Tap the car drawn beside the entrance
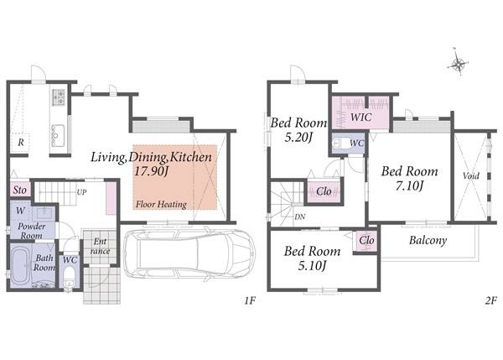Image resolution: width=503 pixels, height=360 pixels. (189, 254)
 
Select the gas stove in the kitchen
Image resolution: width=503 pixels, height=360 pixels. (59, 97)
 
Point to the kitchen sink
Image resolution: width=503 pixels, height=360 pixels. (59, 135)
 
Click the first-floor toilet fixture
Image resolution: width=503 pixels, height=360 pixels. (69, 279)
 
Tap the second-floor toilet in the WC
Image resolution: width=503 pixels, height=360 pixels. (340, 143)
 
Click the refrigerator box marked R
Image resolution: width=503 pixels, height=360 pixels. (20, 143)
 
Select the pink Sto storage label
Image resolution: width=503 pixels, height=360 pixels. (20, 190)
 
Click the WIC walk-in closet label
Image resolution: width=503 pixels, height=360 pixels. (360, 117)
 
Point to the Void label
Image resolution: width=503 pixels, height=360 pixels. (471, 175)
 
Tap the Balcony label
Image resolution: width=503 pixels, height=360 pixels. (428, 240)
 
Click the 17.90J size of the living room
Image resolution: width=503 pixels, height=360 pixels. (151, 171)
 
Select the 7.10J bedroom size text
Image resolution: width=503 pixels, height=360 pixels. (409, 185)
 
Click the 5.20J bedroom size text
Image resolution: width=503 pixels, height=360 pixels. (298, 137)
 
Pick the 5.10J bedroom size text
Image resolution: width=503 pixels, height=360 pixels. (312, 265)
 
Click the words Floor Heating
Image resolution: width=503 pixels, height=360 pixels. (161, 204)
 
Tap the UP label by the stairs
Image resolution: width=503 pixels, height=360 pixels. (81, 192)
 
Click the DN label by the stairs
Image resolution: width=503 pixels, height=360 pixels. (299, 217)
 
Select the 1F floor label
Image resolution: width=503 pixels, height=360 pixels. (250, 301)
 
